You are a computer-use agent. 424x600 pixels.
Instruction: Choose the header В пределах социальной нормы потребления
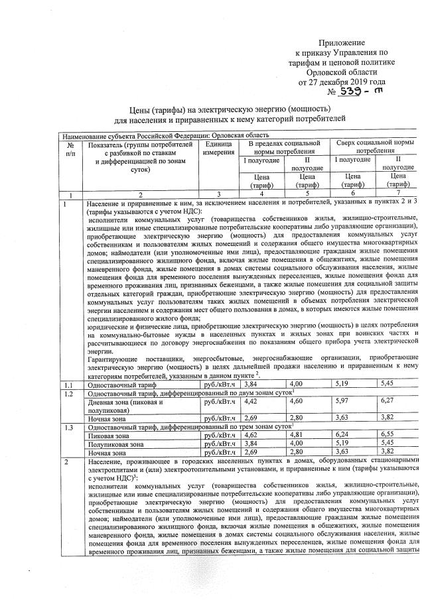pyautogui.click(x=286, y=147)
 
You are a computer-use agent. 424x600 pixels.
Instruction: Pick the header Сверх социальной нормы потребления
pyautogui.click(x=375, y=147)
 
